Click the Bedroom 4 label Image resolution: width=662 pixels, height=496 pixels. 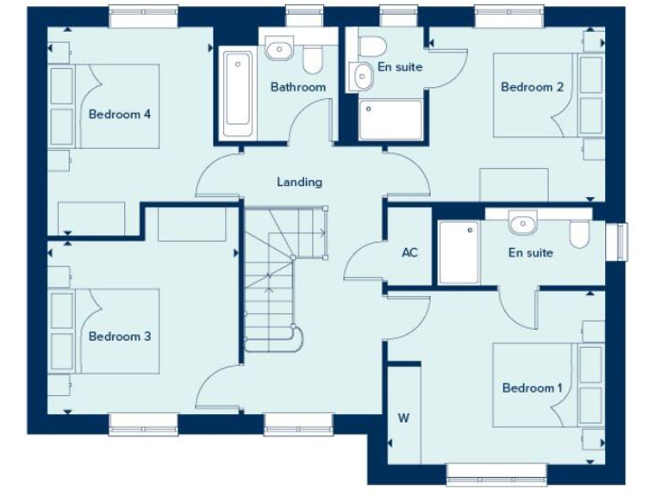pos(120,114)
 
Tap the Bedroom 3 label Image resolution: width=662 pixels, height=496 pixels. pos(120,336)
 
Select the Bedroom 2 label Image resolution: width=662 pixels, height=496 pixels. pos(532,87)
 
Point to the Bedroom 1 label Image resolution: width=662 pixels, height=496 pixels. pos(532,387)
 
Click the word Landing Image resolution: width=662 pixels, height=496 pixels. pos(299,182)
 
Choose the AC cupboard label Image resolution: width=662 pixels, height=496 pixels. pos(409,253)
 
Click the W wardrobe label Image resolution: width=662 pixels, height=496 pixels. pos(403,418)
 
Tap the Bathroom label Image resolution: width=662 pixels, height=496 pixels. pos(297,87)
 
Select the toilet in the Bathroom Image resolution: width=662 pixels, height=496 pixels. pos(313,57)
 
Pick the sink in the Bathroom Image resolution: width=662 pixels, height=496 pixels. pos(278,51)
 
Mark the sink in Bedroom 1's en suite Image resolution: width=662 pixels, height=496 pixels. pos(522,225)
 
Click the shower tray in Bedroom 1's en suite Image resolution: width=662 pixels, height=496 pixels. pos(459,252)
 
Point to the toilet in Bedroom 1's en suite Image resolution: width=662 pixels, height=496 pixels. pos(578,232)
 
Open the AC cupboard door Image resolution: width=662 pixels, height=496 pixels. pos(362,263)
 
